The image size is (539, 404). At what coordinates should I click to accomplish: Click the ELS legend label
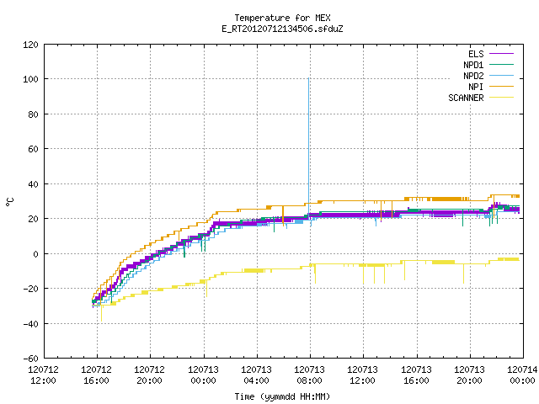point(476,54)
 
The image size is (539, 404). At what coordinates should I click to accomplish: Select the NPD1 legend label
point(473,65)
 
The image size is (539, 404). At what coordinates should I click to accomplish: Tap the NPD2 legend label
point(473,76)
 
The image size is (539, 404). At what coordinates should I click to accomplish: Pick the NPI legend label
point(476,87)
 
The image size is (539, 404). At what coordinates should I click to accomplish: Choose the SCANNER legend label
point(466,98)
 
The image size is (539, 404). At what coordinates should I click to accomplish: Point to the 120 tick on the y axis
point(30,45)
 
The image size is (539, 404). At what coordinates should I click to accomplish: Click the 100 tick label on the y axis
point(30,79)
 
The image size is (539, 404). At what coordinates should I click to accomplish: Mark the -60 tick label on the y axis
point(30,359)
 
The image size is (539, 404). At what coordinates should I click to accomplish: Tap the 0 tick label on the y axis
point(35,254)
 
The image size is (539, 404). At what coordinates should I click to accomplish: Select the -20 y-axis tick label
point(30,289)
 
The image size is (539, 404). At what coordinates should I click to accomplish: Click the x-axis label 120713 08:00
point(309,375)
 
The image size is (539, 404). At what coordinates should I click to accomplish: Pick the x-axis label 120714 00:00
point(522,375)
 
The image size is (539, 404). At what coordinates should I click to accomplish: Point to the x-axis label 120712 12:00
point(43,375)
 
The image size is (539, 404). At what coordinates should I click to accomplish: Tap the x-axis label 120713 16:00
point(416,375)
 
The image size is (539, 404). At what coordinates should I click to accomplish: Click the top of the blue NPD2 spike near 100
point(309,78)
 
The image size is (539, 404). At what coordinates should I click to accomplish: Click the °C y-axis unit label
point(9,202)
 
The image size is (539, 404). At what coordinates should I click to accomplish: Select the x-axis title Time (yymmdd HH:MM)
point(282,396)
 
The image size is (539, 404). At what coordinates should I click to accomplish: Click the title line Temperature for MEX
point(283,18)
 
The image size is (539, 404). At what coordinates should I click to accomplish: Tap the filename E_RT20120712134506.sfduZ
point(283,29)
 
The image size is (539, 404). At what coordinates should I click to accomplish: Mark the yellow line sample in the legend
point(502,98)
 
